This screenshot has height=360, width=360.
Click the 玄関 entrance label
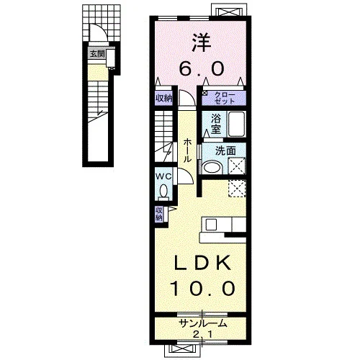point(97,54)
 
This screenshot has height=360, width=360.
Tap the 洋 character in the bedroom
point(201,43)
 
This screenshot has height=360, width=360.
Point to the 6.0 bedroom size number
point(202,68)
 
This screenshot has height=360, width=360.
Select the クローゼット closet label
point(225,98)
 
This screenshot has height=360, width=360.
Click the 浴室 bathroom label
point(216,124)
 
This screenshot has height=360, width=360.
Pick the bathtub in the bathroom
point(236,125)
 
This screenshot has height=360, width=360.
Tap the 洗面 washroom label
point(225,151)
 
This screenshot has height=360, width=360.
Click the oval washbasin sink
point(212,168)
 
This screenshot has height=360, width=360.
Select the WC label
point(163,176)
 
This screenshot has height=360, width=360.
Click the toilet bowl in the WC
point(164,191)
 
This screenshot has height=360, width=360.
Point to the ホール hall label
point(187,151)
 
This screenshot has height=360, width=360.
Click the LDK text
point(202,264)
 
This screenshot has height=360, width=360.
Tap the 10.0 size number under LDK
point(202,288)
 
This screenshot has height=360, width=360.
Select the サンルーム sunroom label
point(203,324)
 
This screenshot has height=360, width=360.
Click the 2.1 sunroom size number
point(203,334)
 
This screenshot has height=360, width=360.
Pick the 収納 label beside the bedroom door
point(164,98)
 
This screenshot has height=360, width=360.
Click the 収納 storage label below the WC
point(159,214)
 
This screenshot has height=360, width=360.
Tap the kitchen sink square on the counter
point(212,225)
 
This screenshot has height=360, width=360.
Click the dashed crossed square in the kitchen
point(236,188)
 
